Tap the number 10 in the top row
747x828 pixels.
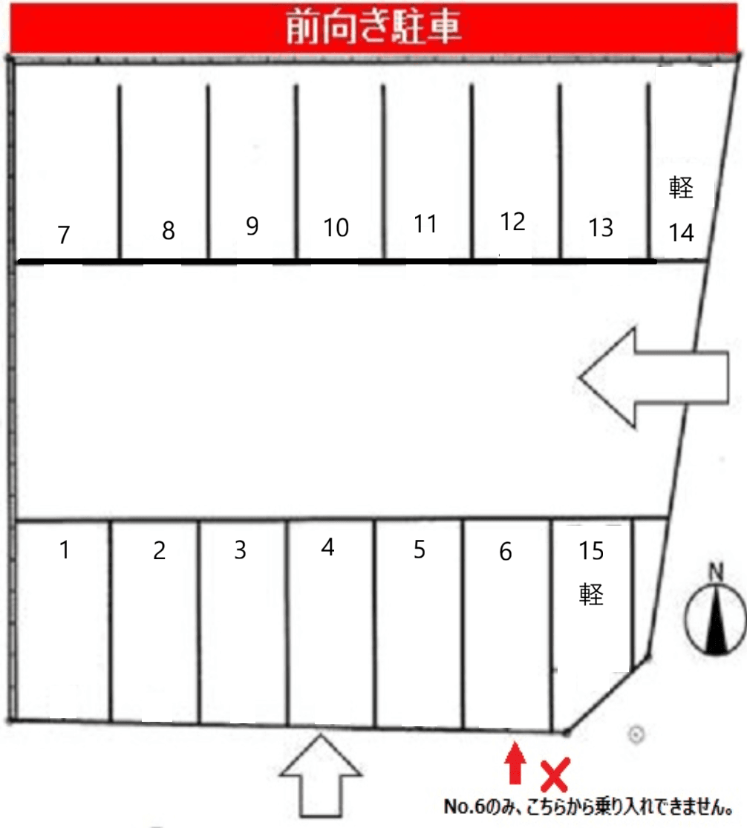(x=336, y=227)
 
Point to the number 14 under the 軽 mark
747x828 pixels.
(x=681, y=233)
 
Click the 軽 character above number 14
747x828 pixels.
(x=681, y=187)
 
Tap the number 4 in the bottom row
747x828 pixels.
(x=328, y=547)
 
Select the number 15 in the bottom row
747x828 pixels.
(x=591, y=551)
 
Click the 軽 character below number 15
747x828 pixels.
(x=591, y=595)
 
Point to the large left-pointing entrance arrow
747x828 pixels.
(x=653, y=377)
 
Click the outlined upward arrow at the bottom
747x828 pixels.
(x=321, y=775)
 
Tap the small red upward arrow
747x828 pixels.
(x=515, y=763)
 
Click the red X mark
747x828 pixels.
(x=555, y=775)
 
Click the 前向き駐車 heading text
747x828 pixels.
(x=373, y=27)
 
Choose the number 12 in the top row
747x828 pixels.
(x=512, y=222)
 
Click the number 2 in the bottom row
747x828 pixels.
(x=160, y=551)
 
